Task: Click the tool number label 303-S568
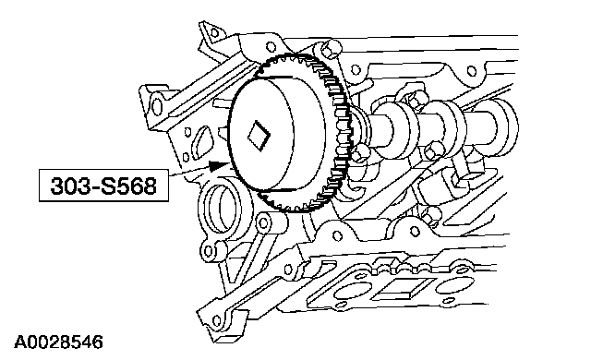click(x=103, y=186)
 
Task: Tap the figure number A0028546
click(x=58, y=342)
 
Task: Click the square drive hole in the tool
click(x=259, y=136)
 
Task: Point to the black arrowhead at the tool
click(x=219, y=165)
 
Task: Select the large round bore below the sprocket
click(x=220, y=209)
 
